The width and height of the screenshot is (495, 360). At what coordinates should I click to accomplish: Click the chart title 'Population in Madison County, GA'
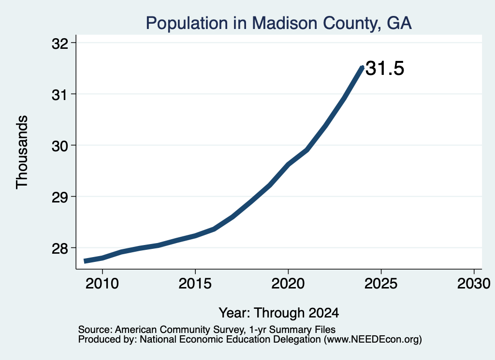click(279, 23)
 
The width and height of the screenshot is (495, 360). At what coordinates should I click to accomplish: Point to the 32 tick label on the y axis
click(59, 44)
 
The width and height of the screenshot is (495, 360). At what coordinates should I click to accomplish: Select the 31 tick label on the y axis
click(59, 95)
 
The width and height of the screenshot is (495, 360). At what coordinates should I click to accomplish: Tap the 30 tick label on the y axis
click(59, 146)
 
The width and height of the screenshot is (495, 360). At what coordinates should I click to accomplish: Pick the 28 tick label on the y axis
click(59, 249)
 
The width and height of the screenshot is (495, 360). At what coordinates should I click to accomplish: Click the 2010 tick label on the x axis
click(102, 284)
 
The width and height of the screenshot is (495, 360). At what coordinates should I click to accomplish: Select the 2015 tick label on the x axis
click(195, 284)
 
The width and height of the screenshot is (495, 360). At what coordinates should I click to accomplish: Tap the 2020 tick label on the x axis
click(288, 284)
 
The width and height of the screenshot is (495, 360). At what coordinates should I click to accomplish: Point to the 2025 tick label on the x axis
click(381, 284)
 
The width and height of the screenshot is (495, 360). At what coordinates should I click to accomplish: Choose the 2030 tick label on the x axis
click(474, 284)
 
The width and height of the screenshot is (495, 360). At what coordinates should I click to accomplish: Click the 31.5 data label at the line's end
click(385, 69)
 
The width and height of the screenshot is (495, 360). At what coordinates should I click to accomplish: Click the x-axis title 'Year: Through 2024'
click(279, 313)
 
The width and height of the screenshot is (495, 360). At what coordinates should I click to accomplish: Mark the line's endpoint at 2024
click(363, 67)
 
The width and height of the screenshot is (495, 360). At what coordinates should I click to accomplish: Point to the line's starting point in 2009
click(84, 261)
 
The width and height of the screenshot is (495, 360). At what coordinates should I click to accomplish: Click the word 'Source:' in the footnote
click(95, 330)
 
